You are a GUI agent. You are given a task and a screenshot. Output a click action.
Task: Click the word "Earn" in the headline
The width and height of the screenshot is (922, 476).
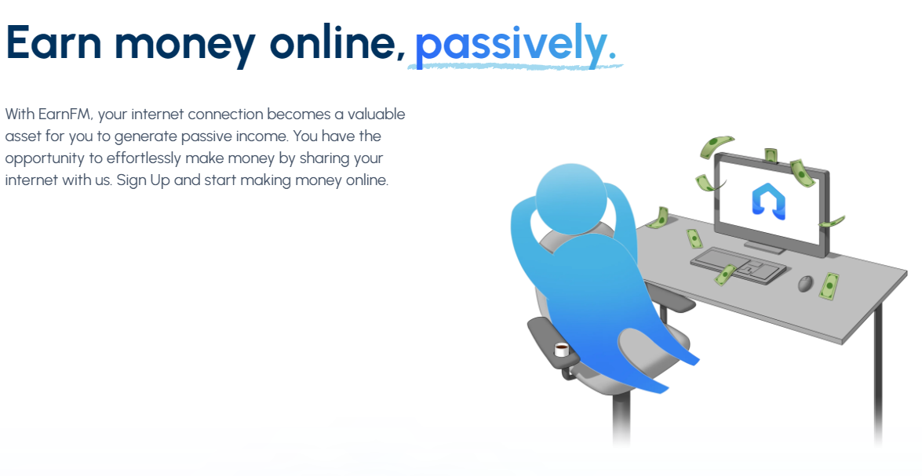tap(53, 43)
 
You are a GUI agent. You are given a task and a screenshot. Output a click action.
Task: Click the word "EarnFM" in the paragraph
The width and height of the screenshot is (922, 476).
tap(64, 114)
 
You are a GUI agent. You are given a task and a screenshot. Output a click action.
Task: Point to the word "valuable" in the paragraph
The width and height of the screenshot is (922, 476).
tap(377, 114)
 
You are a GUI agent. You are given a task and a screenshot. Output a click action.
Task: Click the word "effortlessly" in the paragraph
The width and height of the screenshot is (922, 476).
tap(144, 158)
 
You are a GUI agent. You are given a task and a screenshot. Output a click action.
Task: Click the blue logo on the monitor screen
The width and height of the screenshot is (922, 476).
tap(768, 201)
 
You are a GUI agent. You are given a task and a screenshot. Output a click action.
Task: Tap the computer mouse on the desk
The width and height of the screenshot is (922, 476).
tap(805, 283)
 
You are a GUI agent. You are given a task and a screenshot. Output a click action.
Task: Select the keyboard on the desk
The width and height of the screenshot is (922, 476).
tap(738, 266)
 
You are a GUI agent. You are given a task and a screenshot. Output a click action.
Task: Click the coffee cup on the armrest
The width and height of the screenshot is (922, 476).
tap(562, 350)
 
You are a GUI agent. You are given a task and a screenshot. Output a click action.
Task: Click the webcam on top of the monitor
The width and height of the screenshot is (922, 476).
tap(771, 156)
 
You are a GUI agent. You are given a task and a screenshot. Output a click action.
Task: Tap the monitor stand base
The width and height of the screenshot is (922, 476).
tap(764, 247)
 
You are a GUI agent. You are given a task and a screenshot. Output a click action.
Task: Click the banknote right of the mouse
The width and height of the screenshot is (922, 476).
tap(829, 286)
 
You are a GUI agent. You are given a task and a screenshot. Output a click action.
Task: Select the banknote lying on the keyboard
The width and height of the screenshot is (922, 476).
tap(725, 274)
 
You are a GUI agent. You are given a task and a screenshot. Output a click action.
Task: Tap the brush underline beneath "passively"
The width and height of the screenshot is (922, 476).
tap(515, 67)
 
